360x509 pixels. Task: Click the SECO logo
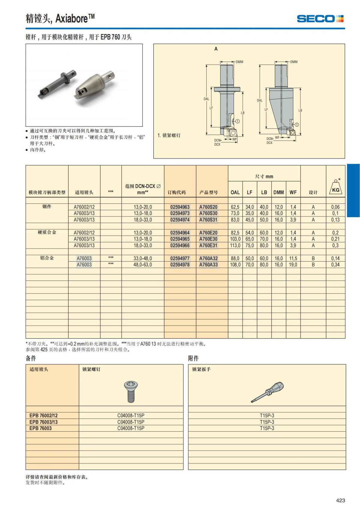[320, 19]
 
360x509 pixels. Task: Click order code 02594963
[180, 207]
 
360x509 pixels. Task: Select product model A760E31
[208, 245]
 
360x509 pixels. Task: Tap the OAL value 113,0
[235, 245]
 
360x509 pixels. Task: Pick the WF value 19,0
[293, 265]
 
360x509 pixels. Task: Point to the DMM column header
[278, 192]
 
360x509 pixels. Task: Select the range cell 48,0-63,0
[142, 265]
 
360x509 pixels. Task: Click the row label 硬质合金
[47, 232]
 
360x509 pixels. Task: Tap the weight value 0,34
[335, 265]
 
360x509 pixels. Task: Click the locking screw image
[130, 391]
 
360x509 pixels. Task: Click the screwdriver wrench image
[267, 392]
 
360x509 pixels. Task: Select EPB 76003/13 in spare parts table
[43, 422]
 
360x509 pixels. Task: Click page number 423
[340, 500]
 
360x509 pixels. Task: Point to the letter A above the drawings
[216, 49]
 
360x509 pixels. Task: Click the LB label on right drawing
[300, 110]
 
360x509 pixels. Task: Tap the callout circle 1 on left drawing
[237, 121]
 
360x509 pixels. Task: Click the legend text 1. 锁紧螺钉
[169, 135]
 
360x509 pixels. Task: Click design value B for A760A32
[313, 258]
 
